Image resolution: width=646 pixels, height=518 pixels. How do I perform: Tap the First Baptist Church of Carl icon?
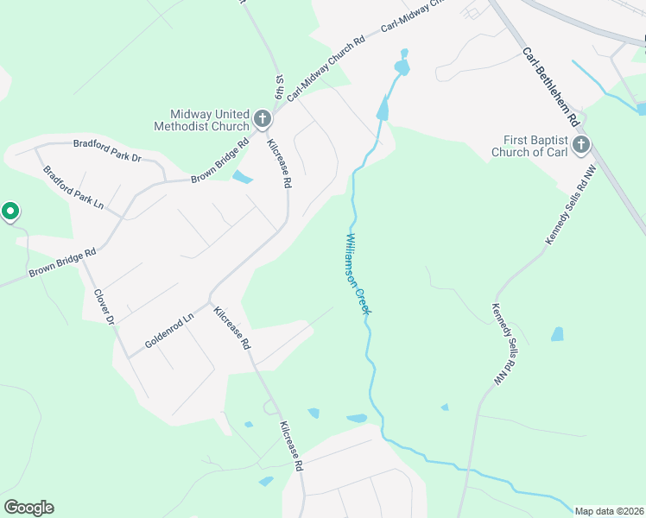[581, 143]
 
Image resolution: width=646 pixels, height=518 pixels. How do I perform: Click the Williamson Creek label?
[357, 274]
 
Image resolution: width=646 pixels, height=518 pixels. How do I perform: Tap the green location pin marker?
[10, 211]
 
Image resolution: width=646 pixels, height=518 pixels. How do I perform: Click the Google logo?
[28, 508]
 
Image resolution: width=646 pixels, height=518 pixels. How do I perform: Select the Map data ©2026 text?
[609, 510]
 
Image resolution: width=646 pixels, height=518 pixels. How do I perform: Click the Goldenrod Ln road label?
[169, 330]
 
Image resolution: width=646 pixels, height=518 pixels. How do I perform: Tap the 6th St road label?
[279, 90]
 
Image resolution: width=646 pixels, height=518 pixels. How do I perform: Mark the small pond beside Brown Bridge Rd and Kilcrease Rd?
[243, 178]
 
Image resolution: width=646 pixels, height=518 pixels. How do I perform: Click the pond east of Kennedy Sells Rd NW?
[557, 334]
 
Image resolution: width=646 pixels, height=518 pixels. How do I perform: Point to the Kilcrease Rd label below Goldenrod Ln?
[232, 328]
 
